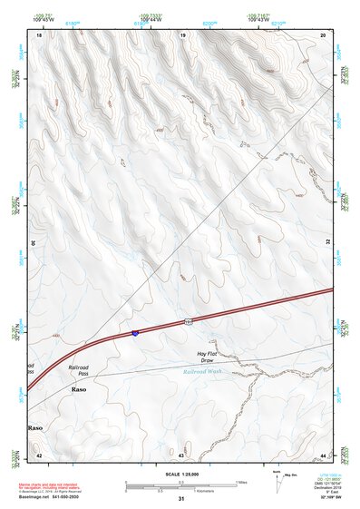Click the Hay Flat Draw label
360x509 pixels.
pos(210,357)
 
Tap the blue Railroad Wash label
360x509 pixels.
pos(202,371)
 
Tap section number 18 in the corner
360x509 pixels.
pos(39,34)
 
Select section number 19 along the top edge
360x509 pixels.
pos(182,34)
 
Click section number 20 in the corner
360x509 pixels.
pos(324,34)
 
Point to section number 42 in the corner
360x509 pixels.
pos(39,455)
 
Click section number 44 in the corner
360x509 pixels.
pos(323,455)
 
